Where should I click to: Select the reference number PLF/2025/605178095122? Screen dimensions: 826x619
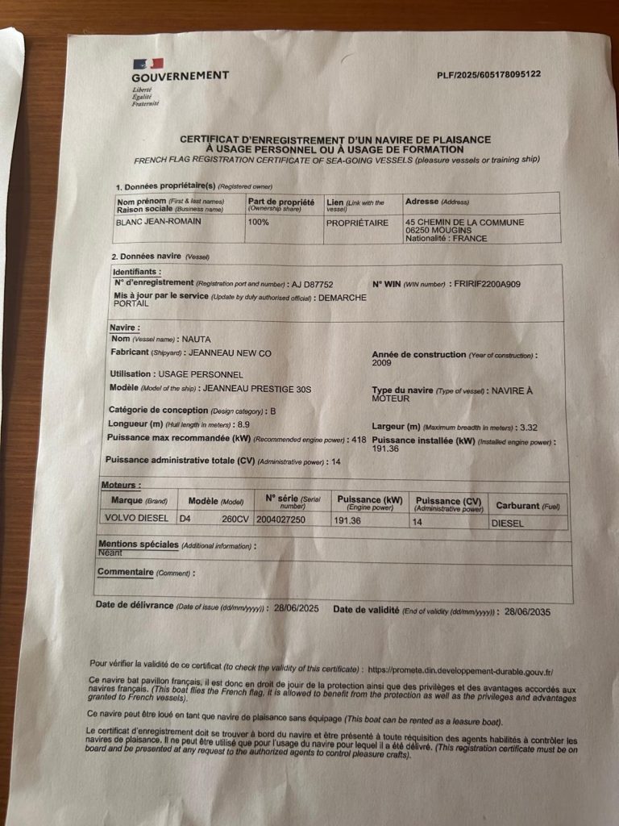pos(488,74)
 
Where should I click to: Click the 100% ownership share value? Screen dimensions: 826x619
pos(259,222)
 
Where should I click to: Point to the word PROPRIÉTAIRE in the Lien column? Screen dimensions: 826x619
pos(356,223)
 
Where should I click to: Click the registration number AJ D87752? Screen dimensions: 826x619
pos(312,284)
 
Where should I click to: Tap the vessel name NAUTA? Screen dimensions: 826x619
pos(196,340)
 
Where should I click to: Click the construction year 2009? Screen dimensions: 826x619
pos(381,363)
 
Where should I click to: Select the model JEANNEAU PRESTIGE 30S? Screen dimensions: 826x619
pos(257,389)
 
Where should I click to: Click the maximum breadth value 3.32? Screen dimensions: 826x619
pos(529,426)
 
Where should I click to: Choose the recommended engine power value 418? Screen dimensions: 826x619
pos(358,440)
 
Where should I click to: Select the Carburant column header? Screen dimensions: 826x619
pos(528,506)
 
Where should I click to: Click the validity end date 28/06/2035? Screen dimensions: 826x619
pos(527,612)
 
